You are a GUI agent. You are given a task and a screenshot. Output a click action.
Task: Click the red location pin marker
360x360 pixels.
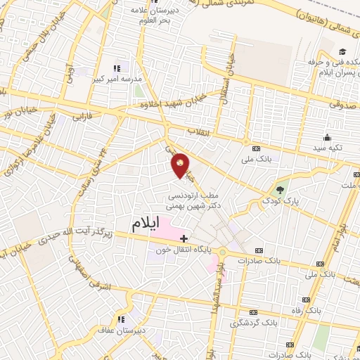coord(181,165)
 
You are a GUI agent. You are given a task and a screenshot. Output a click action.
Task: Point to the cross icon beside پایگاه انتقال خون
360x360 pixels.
coord(184,238)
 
